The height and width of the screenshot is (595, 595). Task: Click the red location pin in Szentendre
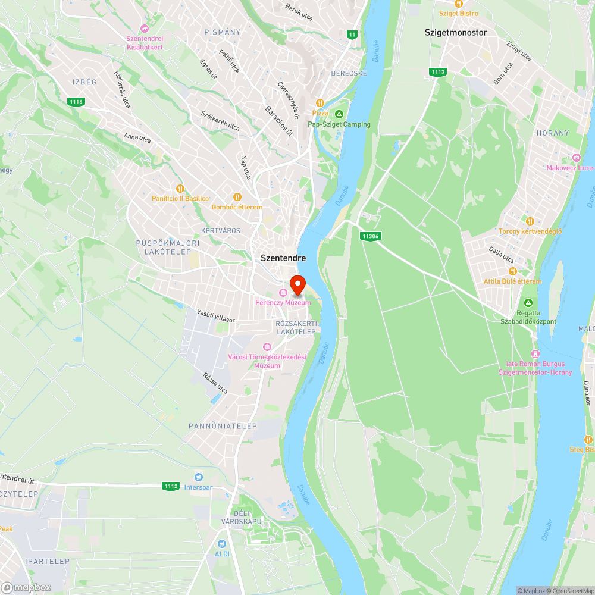coord(297,284)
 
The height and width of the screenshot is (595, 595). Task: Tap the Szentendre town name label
coord(283,258)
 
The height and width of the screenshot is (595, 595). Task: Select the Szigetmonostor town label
coord(456,33)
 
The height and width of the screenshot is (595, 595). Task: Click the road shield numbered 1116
coord(76,102)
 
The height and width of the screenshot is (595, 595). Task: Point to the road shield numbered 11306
coord(369,236)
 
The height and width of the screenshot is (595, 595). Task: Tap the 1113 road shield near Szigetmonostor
coord(437,72)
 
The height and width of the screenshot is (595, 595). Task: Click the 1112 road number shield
coord(170,486)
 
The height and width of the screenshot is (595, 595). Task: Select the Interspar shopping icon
coord(199,477)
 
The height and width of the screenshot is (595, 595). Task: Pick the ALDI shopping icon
coord(222,543)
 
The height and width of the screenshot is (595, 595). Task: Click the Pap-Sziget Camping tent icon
coord(339,114)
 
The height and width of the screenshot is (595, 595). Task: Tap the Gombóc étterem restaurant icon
coord(237,197)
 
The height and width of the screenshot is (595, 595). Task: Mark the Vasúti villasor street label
coord(216,315)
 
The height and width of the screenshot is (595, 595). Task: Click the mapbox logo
coord(26,587)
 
